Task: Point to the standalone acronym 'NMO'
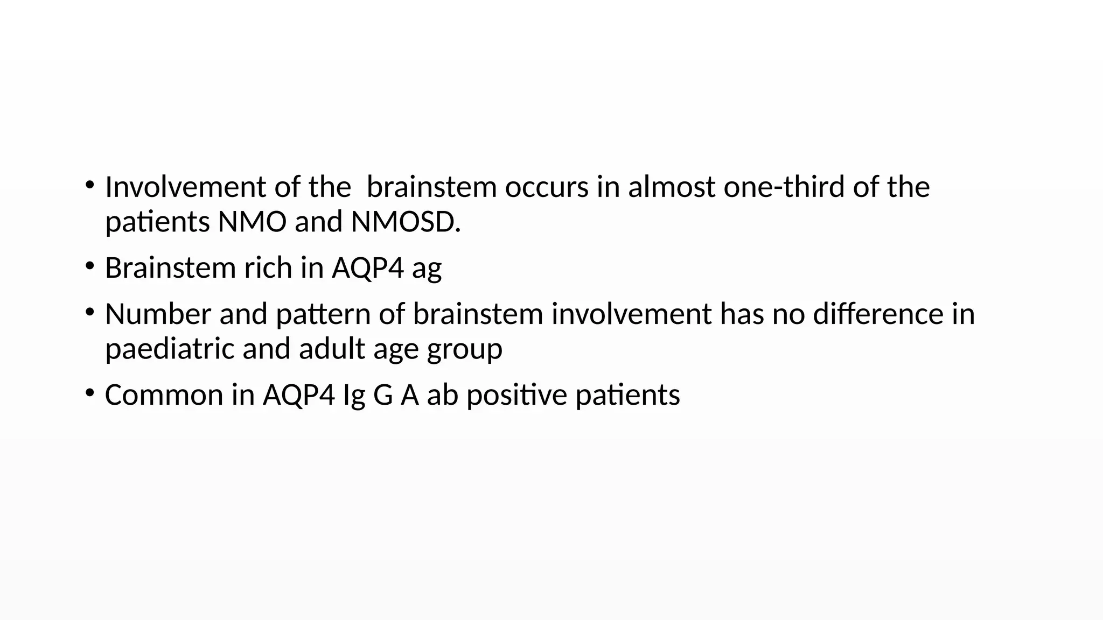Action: (x=252, y=222)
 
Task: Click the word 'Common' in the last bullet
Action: (x=164, y=394)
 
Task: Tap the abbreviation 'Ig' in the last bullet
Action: (x=354, y=396)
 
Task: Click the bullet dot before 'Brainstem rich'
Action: (x=89, y=265)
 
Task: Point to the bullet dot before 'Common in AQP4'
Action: (x=89, y=392)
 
